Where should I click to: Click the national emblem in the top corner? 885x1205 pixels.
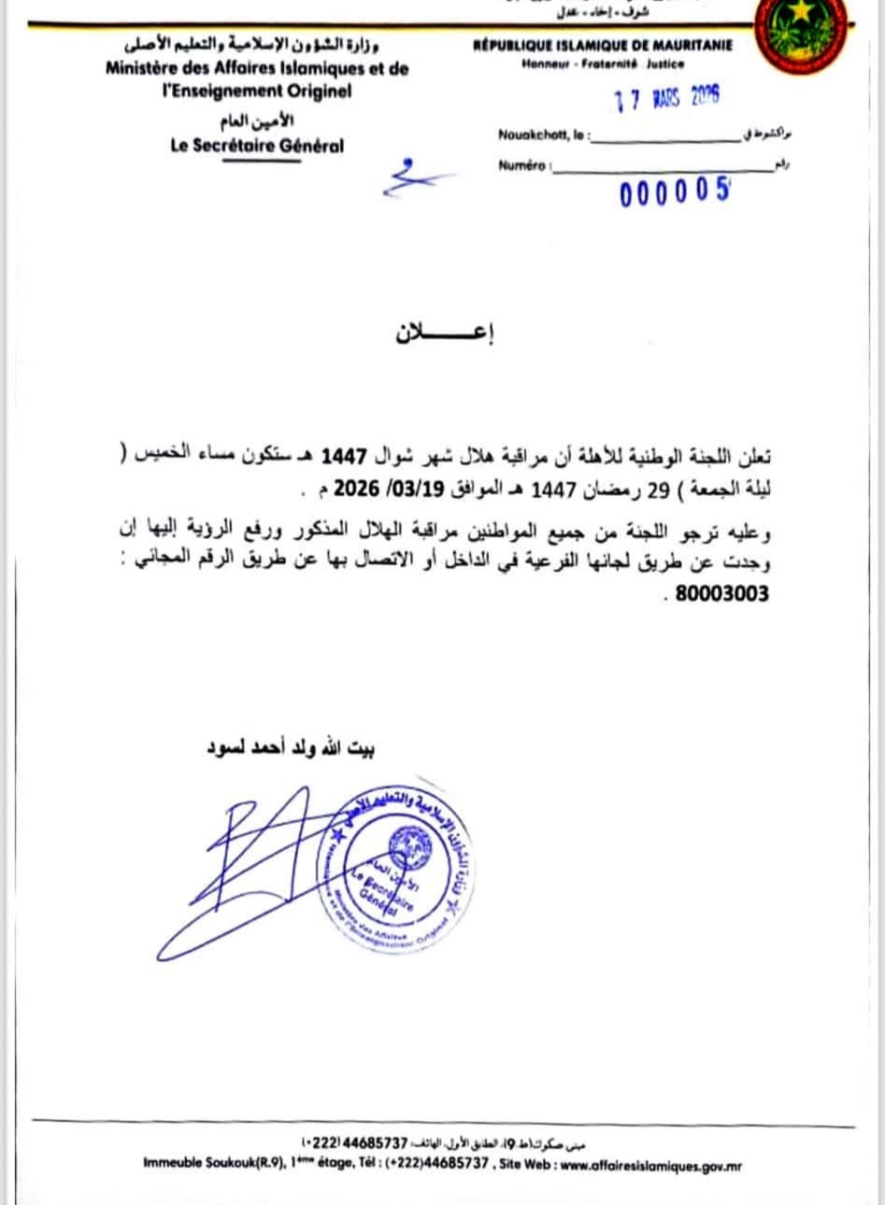click(801, 35)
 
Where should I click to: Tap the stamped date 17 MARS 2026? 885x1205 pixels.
click(666, 97)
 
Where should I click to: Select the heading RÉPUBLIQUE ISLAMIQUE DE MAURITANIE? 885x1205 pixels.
click(604, 46)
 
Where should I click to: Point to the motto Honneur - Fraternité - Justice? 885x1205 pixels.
click(603, 64)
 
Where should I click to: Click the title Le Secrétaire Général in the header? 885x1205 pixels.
click(257, 146)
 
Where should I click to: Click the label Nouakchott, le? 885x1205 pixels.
click(542, 135)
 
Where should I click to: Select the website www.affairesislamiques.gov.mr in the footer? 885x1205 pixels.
click(650, 1166)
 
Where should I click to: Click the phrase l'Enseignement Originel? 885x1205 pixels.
click(257, 92)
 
